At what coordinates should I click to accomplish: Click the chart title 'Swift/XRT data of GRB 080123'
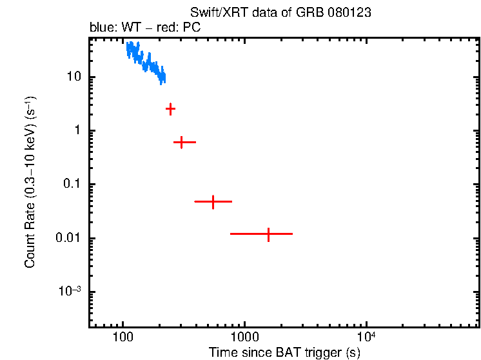point(280,13)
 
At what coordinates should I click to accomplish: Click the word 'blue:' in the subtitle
point(101,29)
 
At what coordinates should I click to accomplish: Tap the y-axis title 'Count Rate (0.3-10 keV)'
point(30,182)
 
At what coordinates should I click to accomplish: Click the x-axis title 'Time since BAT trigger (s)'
point(284,352)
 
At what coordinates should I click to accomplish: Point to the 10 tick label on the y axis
point(73,77)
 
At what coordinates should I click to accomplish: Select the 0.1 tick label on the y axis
point(71,185)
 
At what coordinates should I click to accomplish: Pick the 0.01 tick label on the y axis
point(68,238)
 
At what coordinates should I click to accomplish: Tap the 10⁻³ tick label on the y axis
point(69,291)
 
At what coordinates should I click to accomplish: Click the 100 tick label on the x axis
point(123,337)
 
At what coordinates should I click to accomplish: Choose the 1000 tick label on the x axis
point(244,337)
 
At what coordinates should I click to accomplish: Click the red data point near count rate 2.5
point(170,109)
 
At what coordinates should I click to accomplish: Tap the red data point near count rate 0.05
point(213,202)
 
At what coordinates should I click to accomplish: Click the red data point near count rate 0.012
point(268,234)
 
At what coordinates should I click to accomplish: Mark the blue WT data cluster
point(145,63)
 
